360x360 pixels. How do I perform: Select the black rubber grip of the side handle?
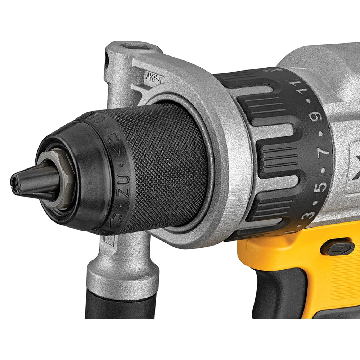pyautogui.click(x=121, y=306)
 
